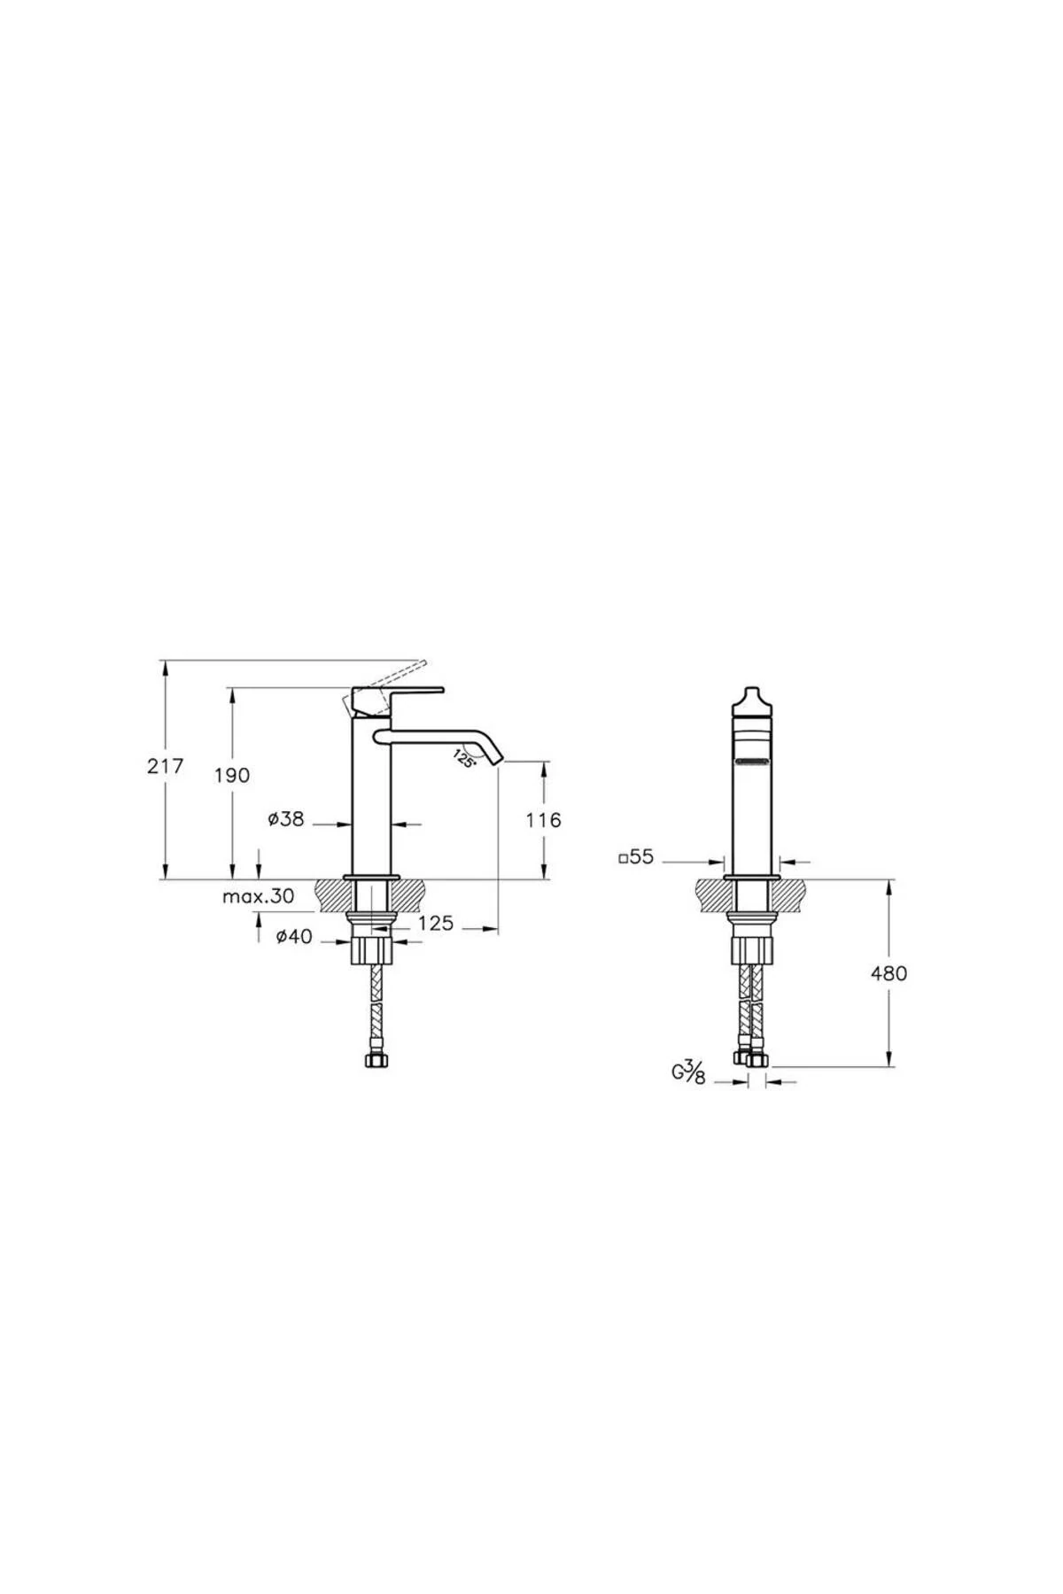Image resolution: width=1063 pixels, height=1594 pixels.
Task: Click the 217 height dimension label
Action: (x=166, y=766)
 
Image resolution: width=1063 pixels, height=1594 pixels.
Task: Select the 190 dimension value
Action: (x=232, y=775)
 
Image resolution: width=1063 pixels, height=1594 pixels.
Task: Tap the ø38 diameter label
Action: (x=286, y=820)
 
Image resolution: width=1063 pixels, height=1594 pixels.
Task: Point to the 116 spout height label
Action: (x=543, y=820)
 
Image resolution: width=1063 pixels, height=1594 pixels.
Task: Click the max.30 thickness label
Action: (x=258, y=896)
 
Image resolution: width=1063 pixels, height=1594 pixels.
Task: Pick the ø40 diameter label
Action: (x=294, y=936)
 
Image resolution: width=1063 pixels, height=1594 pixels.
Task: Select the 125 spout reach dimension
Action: (x=435, y=924)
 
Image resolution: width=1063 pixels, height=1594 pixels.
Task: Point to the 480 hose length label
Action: (x=888, y=973)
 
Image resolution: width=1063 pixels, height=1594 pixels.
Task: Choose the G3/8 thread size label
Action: (x=687, y=1073)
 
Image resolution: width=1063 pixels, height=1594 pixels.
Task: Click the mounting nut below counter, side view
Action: (x=371, y=951)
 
